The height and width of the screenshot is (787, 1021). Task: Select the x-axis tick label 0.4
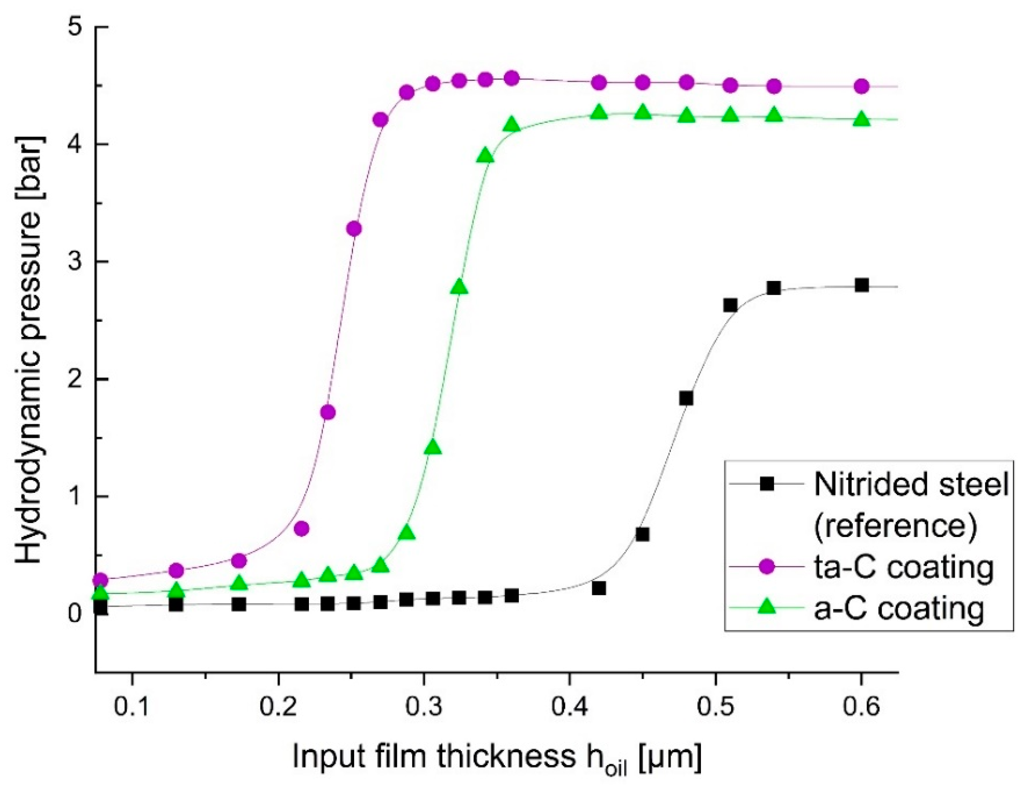[569, 707]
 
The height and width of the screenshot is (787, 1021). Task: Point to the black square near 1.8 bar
[686, 398]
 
